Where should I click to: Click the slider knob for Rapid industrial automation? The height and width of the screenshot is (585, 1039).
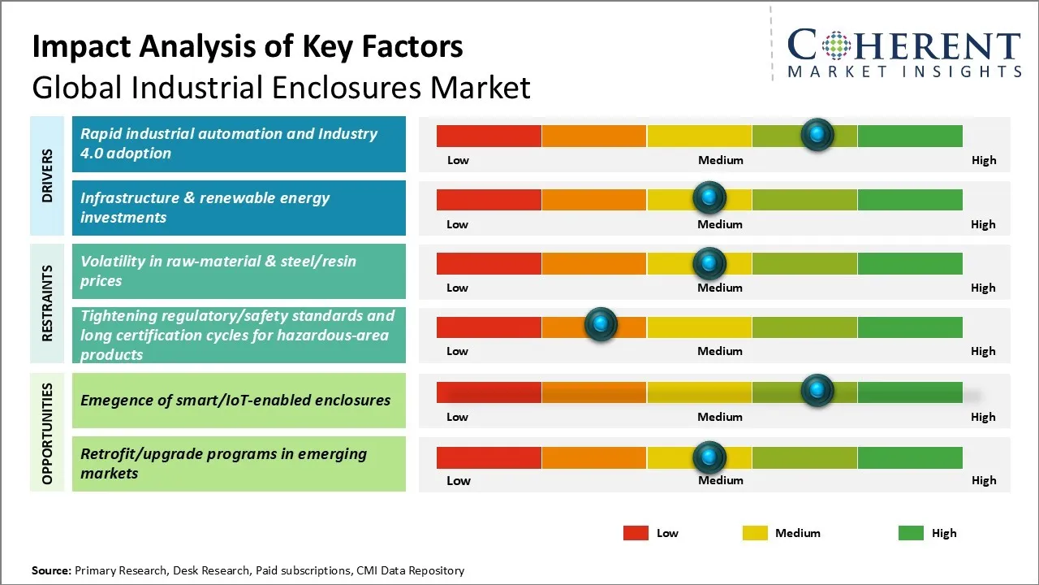[x=817, y=134]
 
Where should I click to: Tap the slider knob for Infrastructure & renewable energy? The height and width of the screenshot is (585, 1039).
[x=709, y=197]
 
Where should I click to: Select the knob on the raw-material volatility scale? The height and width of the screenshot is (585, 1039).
[x=709, y=262]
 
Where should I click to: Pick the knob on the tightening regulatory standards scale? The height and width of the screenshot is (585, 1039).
[x=601, y=325]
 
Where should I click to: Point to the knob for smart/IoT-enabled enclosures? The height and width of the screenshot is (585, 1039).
[x=817, y=391]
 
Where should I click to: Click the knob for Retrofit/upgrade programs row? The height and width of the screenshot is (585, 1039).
[x=709, y=457]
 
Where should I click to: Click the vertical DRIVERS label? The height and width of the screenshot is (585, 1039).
[x=47, y=175]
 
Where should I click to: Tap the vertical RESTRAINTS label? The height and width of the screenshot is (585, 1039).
[x=47, y=303]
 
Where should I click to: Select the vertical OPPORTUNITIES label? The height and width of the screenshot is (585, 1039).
[x=47, y=433]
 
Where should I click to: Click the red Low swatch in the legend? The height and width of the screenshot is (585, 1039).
[x=636, y=533]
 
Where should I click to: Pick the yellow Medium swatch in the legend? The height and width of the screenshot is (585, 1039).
[x=755, y=533]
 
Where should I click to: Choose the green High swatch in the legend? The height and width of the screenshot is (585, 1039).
[x=911, y=533]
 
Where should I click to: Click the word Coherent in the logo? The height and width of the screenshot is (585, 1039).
[x=903, y=46]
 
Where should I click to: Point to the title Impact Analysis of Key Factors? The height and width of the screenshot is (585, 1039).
[x=248, y=47]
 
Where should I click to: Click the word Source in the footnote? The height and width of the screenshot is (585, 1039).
[x=52, y=570]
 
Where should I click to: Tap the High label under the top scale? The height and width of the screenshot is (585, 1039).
[x=984, y=160]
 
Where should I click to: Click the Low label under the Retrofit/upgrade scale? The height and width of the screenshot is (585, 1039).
[x=459, y=480]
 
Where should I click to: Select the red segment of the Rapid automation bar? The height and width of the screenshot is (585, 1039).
[x=489, y=136]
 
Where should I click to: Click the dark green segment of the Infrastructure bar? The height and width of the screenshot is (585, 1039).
[x=909, y=199]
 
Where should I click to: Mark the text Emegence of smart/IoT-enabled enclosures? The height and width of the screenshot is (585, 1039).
[x=235, y=400]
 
